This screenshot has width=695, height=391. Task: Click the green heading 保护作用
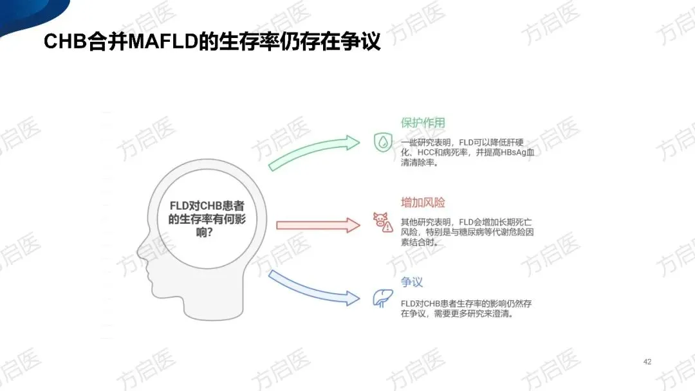pos(423,123)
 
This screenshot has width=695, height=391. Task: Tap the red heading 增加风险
pos(423,203)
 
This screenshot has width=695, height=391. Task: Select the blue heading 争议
pos(412,282)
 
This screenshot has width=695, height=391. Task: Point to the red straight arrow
pos(317,224)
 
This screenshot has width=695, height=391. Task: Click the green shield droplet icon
pos(383,142)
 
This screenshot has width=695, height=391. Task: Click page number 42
pos(647,361)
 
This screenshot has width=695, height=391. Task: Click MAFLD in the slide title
pos(154,42)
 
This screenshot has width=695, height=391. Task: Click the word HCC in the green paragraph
pos(427,152)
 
